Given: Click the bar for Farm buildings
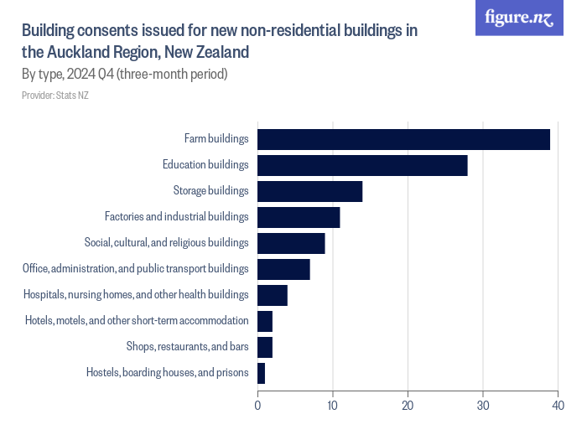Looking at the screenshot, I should point(403,139).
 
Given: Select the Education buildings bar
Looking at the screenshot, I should point(362,165).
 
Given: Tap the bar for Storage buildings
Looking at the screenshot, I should point(309,191).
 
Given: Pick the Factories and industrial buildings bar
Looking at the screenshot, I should point(299,217).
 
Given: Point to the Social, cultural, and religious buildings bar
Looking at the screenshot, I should point(291,243).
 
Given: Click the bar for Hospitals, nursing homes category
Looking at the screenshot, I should point(273,295).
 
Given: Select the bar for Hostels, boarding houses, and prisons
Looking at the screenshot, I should point(262,373).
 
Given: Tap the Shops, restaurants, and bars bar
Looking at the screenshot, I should point(265,347).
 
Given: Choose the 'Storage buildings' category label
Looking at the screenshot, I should point(210,191).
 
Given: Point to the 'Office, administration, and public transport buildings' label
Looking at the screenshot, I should point(136,269).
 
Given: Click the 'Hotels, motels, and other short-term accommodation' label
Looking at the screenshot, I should point(137,321).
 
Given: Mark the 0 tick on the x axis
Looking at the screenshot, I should point(257,406).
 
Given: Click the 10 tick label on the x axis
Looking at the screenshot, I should point(333,406).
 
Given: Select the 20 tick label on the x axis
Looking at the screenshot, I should point(408,406).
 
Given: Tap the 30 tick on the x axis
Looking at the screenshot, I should point(483,406).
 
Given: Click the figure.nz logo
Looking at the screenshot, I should point(519,18).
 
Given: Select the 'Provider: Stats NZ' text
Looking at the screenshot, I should point(55,96).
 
